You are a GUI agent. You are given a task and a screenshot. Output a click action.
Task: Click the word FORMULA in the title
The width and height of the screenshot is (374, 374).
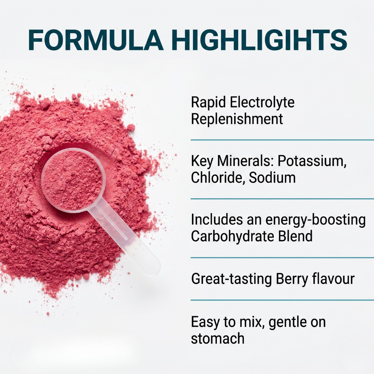click(x=96, y=40)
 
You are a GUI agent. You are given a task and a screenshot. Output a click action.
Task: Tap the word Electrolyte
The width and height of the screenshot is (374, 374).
click(x=262, y=103)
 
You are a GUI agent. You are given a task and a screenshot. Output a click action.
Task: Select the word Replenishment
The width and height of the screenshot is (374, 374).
click(x=237, y=119)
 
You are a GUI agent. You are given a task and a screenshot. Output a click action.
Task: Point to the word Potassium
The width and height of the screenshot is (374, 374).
click(x=312, y=161)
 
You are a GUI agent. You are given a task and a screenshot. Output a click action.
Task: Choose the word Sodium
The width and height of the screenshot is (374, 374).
click(x=272, y=178)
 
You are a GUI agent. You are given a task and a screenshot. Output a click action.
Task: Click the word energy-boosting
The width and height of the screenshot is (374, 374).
click(x=315, y=220)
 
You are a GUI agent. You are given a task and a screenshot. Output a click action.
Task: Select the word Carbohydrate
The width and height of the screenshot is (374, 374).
click(x=233, y=236)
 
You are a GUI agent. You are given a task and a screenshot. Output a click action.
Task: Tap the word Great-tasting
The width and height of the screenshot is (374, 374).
click(x=232, y=279)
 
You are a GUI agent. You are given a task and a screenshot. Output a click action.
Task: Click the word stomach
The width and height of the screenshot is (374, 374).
click(x=218, y=339)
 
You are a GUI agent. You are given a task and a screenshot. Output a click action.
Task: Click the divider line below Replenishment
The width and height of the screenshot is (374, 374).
click(x=282, y=140)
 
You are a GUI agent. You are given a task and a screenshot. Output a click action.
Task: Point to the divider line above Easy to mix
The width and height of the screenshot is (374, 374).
click(x=282, y=300)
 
